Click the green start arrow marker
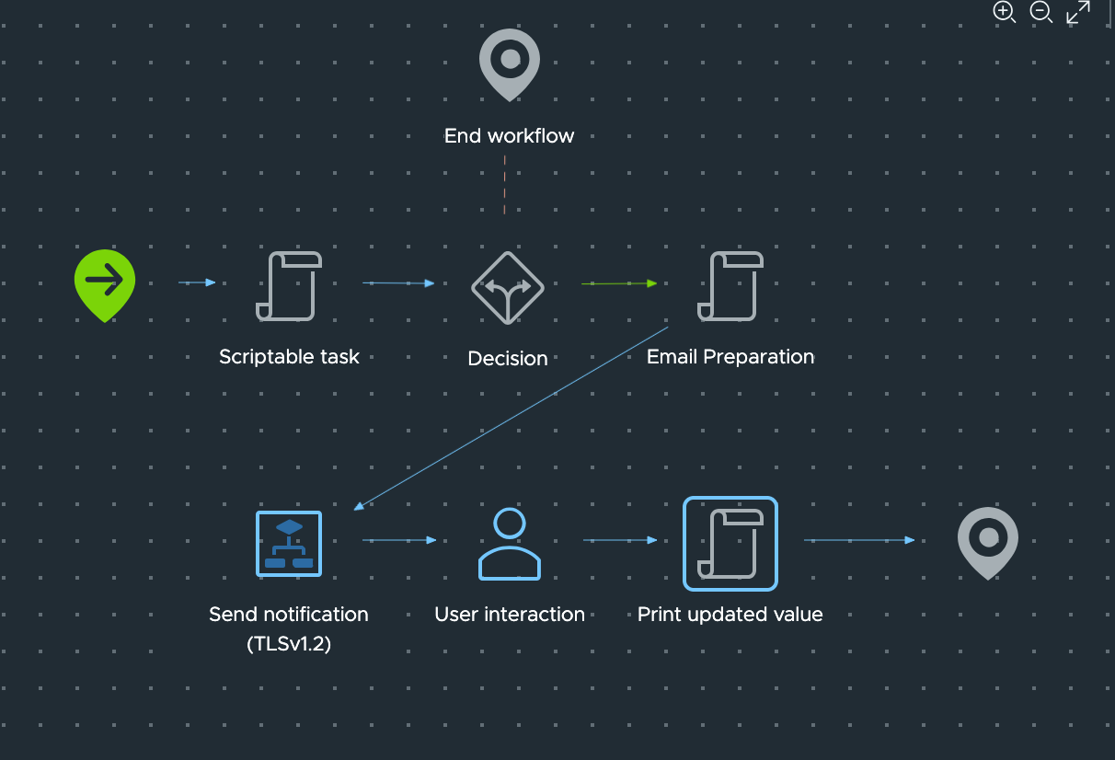pos(105,282)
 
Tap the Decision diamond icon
pos(508,288)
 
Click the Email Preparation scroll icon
pos(730,286)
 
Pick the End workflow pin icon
pos(509,62)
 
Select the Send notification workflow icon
pos(289,544)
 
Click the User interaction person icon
pos(509,544)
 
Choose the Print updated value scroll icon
pos(730,544)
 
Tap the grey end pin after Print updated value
pos(987,540)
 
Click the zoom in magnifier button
pos(1004,12)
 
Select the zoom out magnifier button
pos(1040,12)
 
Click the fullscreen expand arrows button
pos(1078,12)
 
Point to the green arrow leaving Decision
pos(619,283)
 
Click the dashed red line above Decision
pos(504,185)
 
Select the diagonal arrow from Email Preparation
pos(511,418)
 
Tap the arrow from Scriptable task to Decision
pos(398,283)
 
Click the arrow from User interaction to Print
pos(620,540)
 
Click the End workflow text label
pos(509,136)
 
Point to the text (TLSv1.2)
pos(289,644)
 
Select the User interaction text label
pos(510,615)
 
